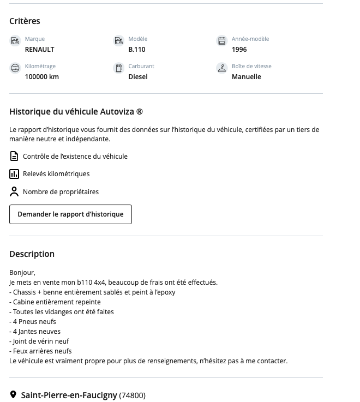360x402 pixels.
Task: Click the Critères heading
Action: (25, 21)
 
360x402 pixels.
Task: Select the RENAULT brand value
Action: (39, 50)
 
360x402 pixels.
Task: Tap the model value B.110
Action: (136, 50)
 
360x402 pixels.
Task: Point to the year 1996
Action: (239, 50)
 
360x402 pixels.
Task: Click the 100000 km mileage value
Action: (41, 77)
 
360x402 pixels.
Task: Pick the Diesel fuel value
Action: (137, 77)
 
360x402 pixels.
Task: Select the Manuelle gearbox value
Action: (246, 77)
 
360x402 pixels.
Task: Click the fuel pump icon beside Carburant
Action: (118, 68)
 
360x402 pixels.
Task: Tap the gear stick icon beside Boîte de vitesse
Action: (221, 68)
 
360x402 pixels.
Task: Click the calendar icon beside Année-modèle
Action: (221, 41)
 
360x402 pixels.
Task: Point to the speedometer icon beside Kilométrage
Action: (15, 68)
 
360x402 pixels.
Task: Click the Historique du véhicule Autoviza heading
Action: (76, 112)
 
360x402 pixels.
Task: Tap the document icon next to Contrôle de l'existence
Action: (14, 157)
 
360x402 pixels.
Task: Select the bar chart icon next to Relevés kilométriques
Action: (14, 174)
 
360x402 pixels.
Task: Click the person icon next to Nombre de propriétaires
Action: (14, 192)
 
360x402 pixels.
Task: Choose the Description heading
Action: (32, 254)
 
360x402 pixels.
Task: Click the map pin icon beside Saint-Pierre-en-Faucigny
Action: (14, 395)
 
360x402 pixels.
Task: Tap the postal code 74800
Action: (133, 395)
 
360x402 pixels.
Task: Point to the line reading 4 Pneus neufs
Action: (34, 322)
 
